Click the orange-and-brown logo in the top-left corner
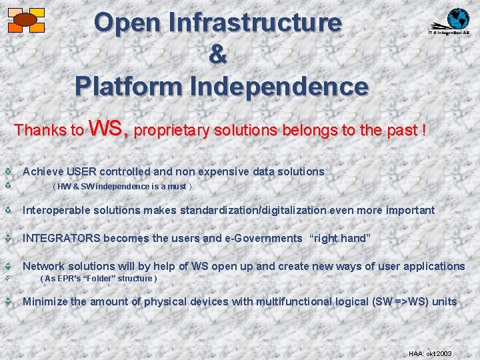(25, 20)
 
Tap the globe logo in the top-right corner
(457, 19)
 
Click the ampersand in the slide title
(217, 55)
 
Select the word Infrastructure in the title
(255, 23)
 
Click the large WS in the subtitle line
(107, 127)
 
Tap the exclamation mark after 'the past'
(423, 130)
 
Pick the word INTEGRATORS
(61, 238)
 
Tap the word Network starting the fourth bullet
(45, 266)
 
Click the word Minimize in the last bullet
(45, 301)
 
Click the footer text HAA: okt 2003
(430, 353)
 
